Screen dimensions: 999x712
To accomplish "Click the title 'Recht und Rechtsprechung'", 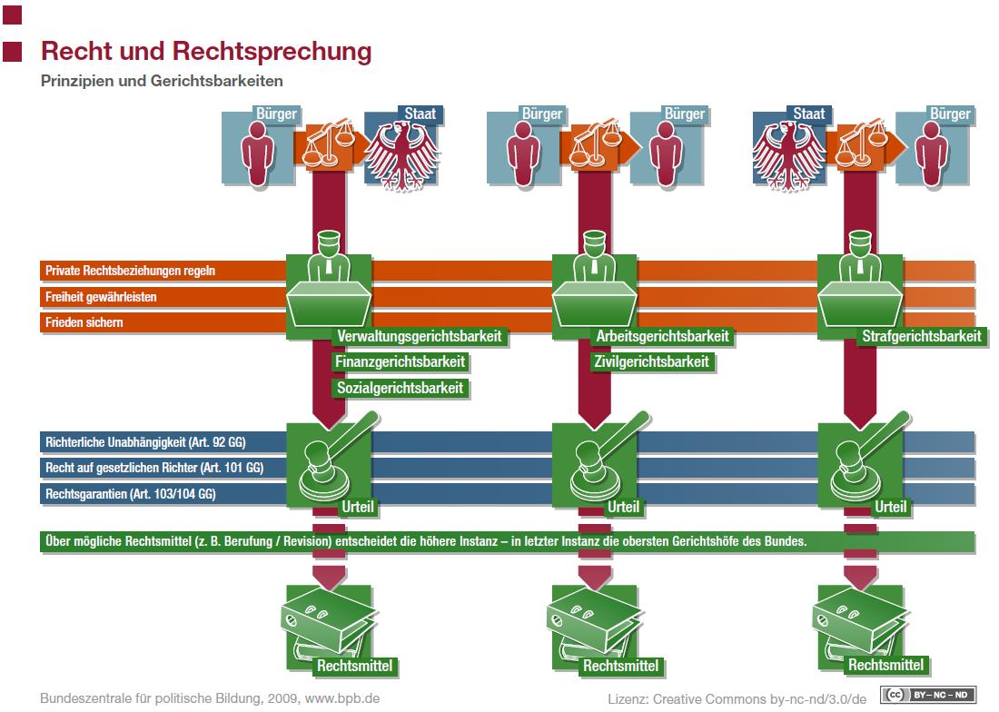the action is coord(206,52).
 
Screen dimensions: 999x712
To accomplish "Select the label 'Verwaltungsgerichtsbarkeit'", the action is coord(420,336).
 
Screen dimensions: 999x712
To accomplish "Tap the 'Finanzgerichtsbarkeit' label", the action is coord(401,361).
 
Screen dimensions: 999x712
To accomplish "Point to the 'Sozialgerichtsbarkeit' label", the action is coord(401,388).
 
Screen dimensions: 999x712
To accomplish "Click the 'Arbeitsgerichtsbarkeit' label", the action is coord(662,336).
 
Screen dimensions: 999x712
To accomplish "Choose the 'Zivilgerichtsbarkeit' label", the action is coord(651,361).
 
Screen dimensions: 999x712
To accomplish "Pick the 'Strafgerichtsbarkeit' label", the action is coord(921,336).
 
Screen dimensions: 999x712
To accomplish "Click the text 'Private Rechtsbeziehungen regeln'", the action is coord(130,271).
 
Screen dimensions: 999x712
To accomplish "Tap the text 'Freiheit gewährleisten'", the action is coord(101,297).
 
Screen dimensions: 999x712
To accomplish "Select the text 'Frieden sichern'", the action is coord(84,322).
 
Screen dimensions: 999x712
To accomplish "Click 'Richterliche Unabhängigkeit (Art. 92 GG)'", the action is coord(145,442).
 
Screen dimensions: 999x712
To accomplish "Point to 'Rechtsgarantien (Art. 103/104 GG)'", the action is coord(130,493).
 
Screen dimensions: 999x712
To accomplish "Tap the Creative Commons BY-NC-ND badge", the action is coord(927,695).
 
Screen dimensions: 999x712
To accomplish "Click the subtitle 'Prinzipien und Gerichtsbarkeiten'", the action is coord(162,81).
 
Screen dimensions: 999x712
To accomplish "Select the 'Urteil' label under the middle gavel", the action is coord(623,507).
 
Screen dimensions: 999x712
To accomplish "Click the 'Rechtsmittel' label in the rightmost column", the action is coord(885,666).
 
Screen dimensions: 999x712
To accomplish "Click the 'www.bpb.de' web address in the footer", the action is coord(342,698).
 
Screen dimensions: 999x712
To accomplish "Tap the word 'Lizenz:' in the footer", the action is coord(628,699).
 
